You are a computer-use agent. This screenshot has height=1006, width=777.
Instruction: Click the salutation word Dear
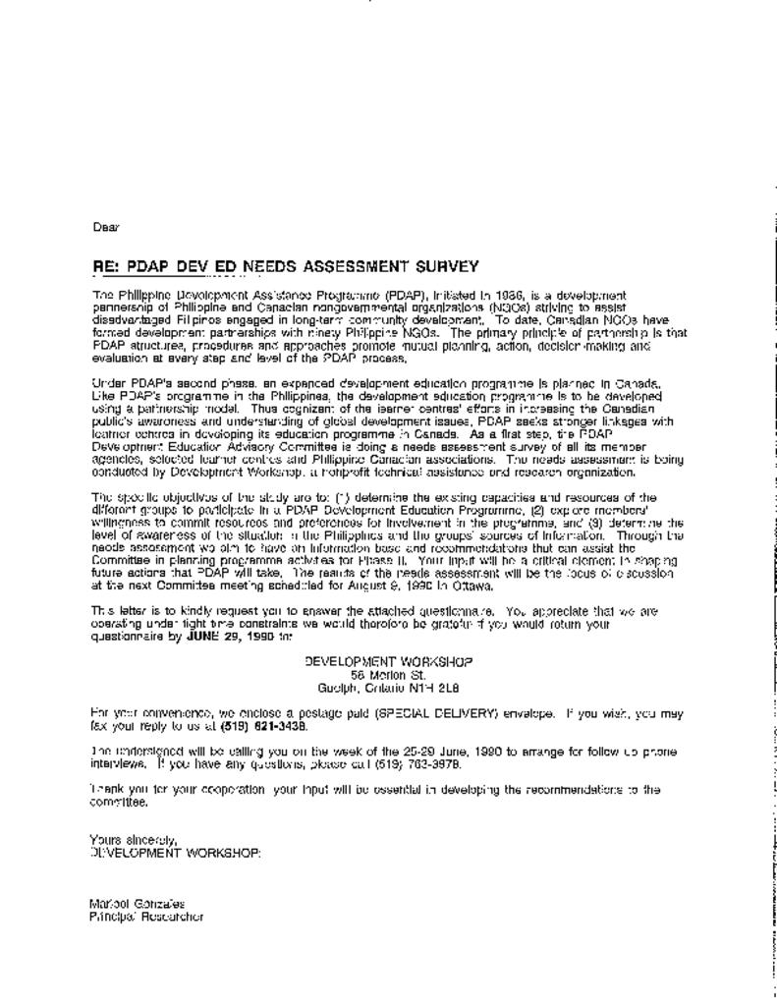coord(105,227)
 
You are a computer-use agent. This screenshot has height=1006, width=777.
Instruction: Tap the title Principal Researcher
coord(146,917)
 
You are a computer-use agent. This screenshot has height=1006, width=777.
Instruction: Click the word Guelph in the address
coord(352,688)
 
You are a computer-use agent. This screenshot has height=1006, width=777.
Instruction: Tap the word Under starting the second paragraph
coord(107,381)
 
